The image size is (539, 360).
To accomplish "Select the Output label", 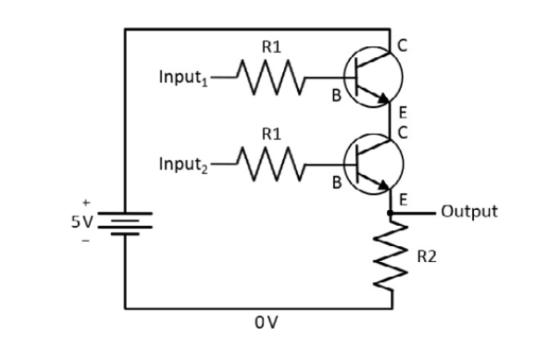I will [x=470, y=211].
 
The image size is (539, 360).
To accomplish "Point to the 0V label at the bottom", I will [x=266, y=322].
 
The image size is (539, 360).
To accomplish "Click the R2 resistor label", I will [x=426, y=257].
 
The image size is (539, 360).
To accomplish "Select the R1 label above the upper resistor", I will [x=272, y=48].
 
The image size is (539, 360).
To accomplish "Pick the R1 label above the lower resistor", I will [x=272, y=135].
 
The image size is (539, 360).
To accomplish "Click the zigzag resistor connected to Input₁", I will [x=271, y=78].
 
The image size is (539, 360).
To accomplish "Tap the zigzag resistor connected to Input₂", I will [x=271, y=165].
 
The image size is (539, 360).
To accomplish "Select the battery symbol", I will [x=125, y=223].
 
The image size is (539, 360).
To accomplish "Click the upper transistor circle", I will [x=373, y=78].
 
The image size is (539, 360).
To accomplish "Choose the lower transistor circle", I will [x=373, y=165].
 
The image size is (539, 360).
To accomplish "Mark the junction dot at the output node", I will [x=390, y=212].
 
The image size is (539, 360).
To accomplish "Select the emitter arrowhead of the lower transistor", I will [x=383, y=185].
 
